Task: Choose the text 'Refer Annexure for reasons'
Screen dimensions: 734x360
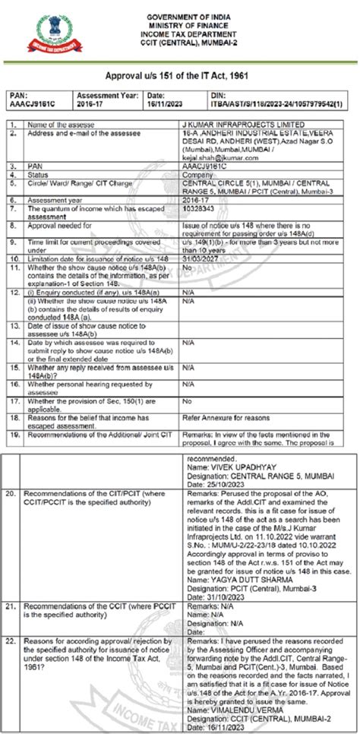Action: [x=226, y=418]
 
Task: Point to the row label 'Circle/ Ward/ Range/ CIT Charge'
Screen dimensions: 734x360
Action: [x=73, y=182]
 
